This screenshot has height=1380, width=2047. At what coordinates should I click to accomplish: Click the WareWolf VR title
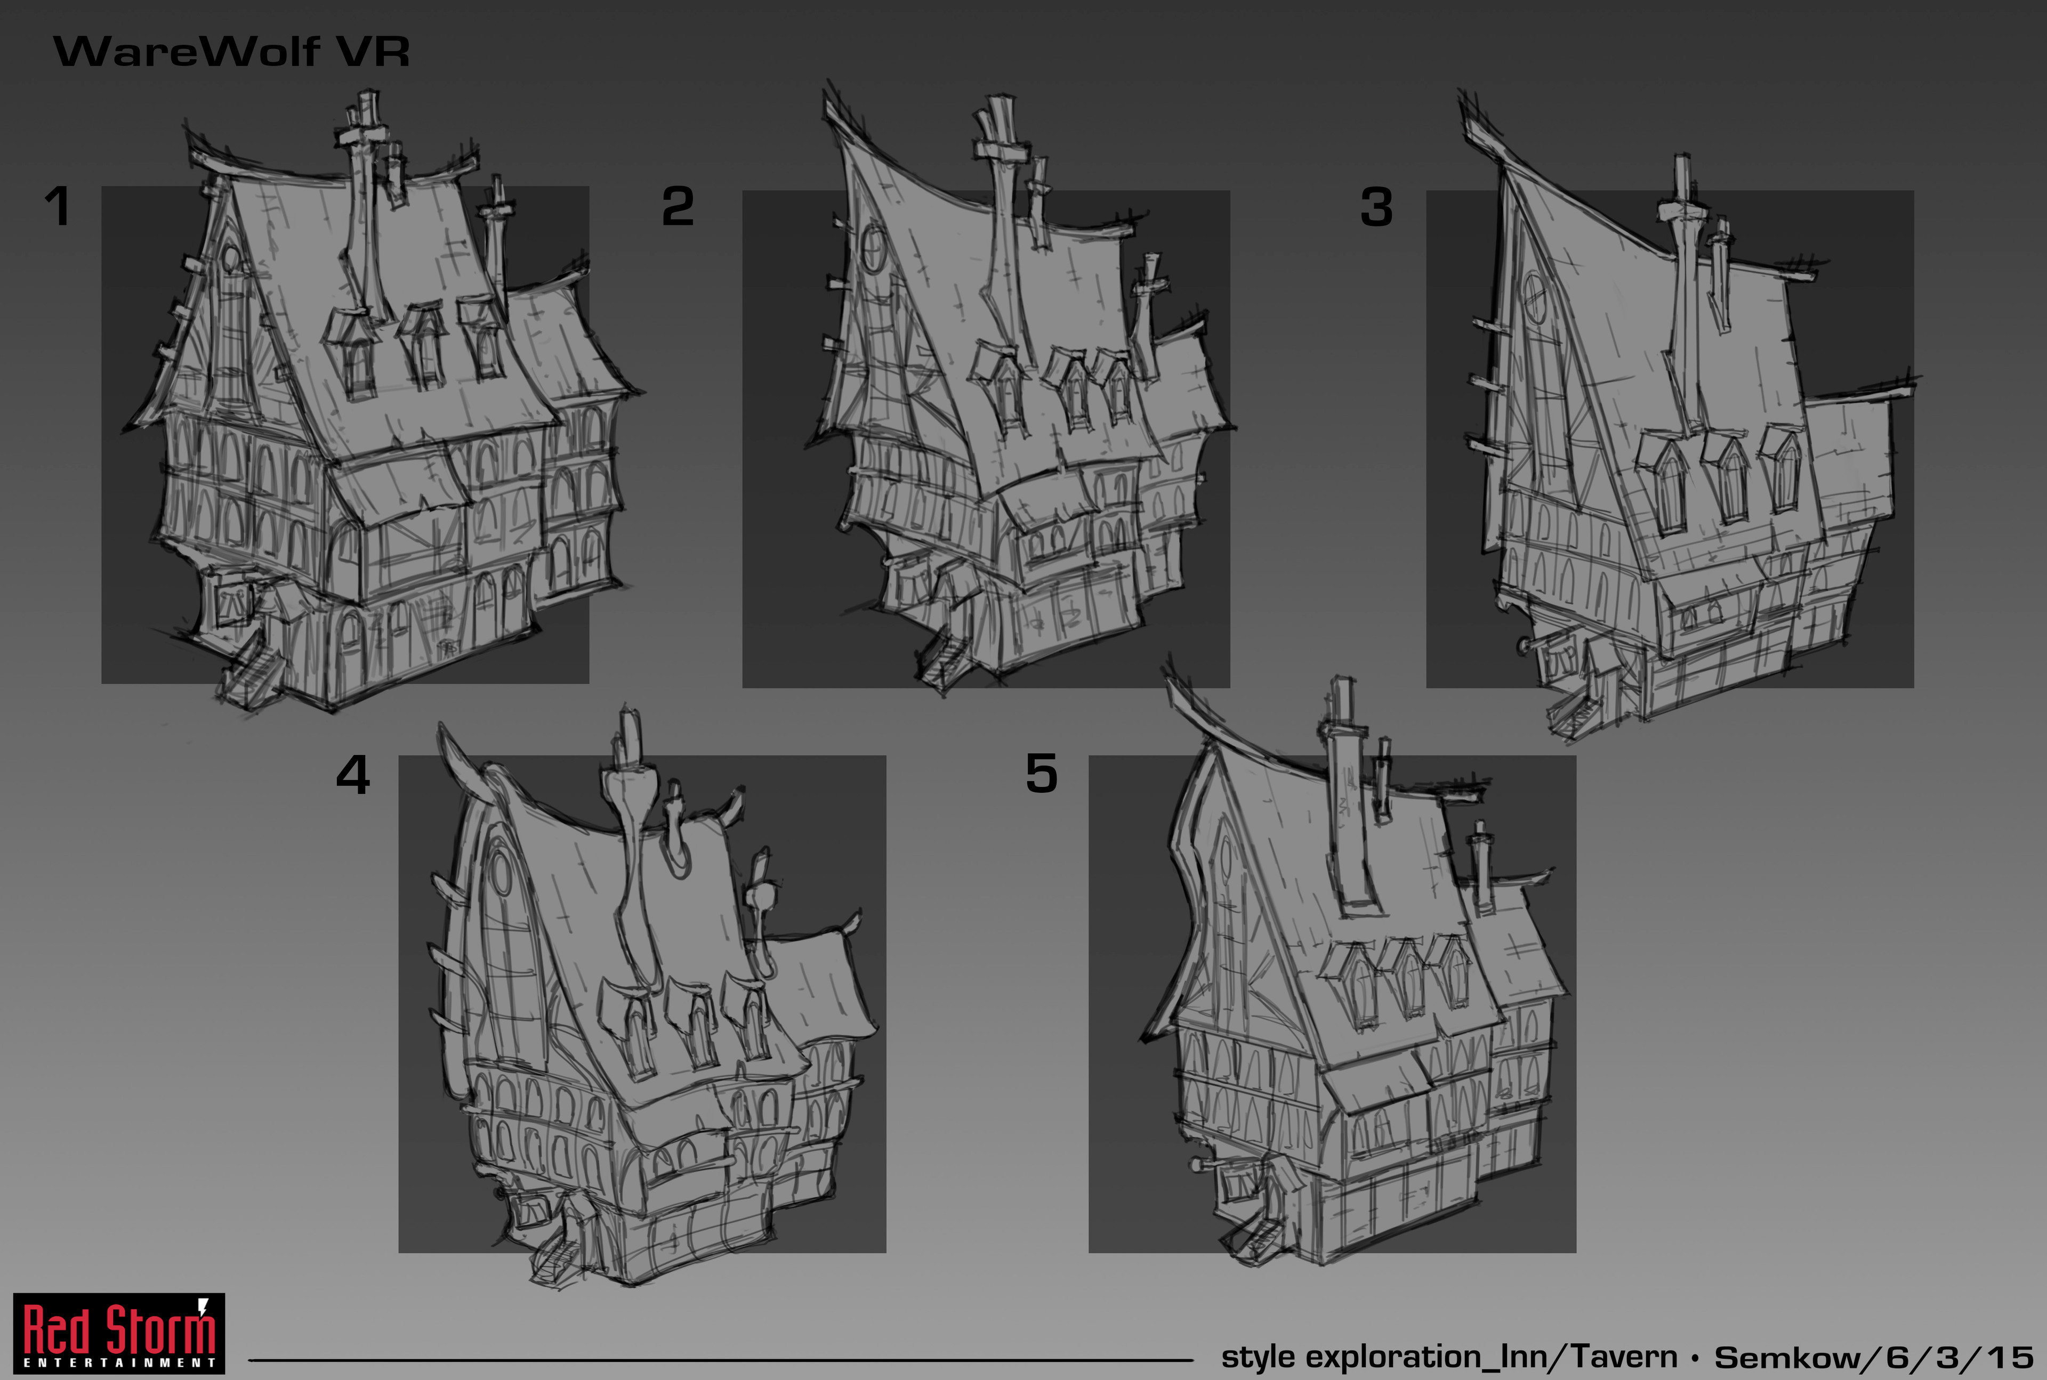coord(231,51)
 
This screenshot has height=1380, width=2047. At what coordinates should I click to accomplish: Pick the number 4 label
coord(353,775)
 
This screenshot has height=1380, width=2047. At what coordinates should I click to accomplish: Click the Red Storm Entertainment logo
coord(119,1333)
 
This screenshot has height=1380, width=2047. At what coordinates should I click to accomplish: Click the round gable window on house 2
coord(873,248)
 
